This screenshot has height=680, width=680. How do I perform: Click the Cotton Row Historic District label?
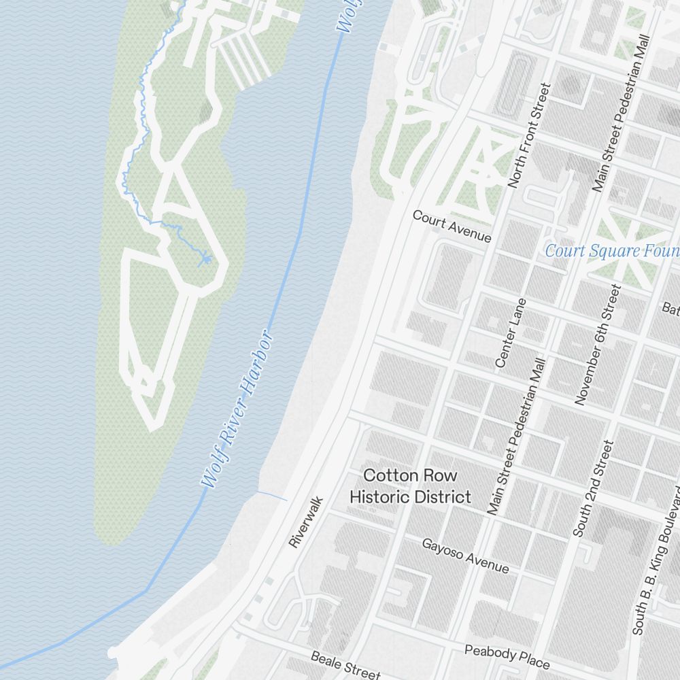coord(410,486)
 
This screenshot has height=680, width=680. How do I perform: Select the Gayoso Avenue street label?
coord(465,556)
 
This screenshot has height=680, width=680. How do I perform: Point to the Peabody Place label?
coord(507,656)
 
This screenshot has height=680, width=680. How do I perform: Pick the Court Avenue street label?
coord(452,226)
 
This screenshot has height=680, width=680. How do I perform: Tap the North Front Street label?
coord(528,135)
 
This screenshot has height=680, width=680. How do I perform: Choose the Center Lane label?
coord(511,333)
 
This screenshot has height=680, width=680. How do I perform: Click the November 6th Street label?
coord(598,345)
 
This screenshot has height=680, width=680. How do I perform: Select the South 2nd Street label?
coord(593,488)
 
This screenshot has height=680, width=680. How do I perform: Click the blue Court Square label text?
coord(612,251)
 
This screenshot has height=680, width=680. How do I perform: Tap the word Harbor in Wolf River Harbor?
coord(256,366)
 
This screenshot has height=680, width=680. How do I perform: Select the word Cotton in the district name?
coord(385,475)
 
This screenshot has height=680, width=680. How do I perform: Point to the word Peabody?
coord(490,652)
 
